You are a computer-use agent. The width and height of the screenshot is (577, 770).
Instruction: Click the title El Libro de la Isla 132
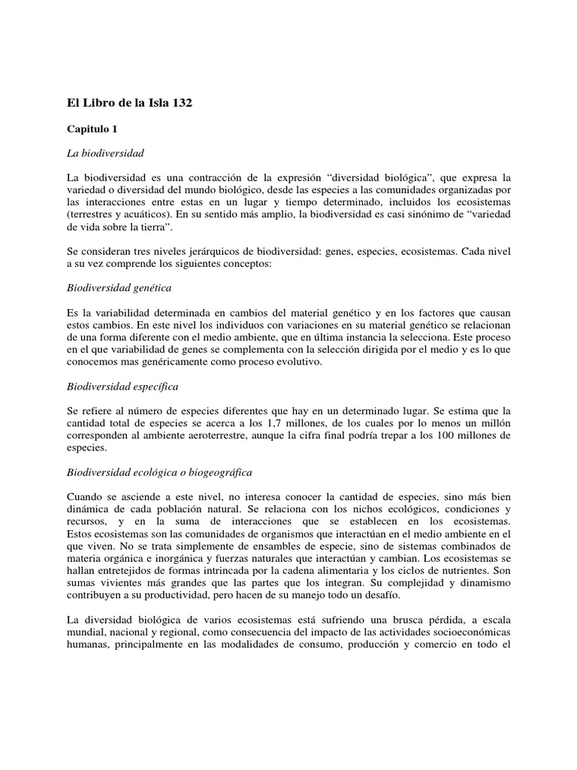[x=130, y=103]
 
